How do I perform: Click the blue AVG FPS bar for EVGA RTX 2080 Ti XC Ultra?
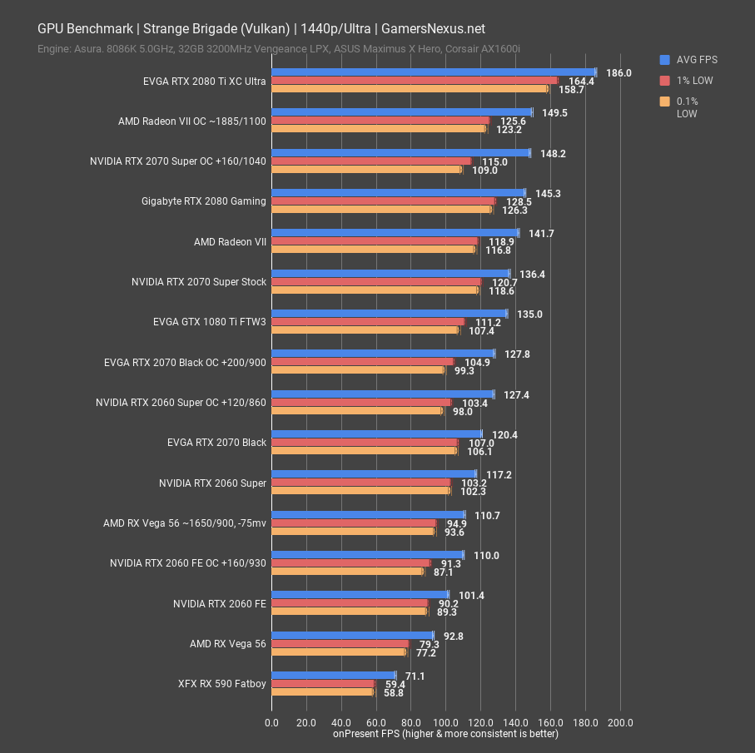tap(433, 72)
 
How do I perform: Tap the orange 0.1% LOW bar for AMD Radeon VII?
tap(373, 250)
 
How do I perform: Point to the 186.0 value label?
tap(618, 73)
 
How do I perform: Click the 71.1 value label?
tap(415, 676)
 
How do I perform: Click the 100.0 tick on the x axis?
tap(445, 722)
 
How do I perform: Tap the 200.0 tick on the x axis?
tap(620, 722)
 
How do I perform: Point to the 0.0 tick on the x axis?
tap(271, 722)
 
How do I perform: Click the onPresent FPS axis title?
tap(445, 734)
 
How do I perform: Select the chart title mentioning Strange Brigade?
tap(261, 28)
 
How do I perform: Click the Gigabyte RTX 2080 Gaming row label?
tap(204, 201)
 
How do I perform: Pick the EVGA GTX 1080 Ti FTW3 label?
tap(210, 321)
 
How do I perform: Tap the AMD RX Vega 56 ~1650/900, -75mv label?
tap(185, 523)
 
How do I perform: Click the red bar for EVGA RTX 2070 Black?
tap(365, 443)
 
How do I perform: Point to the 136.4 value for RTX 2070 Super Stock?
tap(532, 274)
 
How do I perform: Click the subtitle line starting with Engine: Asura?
tap(279, 49)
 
